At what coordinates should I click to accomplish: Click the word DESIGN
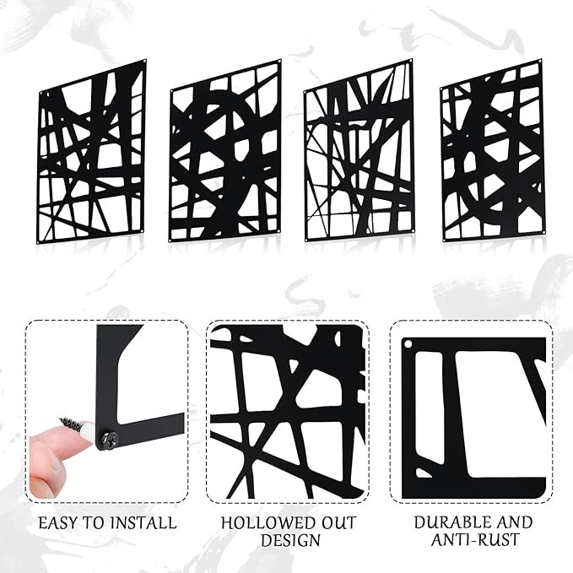[290, 540]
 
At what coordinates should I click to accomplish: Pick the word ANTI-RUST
[475, 540]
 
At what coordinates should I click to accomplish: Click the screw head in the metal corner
[109, 438]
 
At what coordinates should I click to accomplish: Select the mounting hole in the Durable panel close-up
[408, 343]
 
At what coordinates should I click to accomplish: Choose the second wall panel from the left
[224, 151]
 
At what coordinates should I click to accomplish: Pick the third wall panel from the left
[359, 150]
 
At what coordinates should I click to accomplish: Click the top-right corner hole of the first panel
[145, 61]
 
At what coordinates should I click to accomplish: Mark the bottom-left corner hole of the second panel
[170, 241]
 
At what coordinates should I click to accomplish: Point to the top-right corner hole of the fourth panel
[540, 60]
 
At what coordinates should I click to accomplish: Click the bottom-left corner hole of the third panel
[306, 240]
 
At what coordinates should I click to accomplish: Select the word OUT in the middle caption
[338, 523]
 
